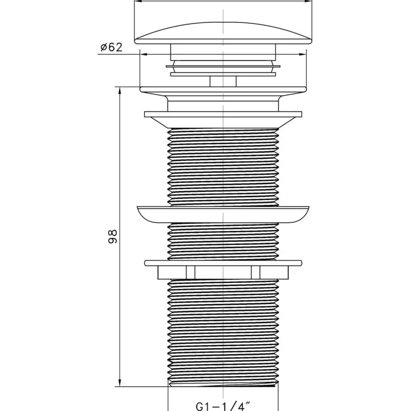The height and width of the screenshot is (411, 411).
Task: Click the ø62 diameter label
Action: click(x=112, y=48)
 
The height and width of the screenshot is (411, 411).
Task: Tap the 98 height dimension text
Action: click(x=113, y=237)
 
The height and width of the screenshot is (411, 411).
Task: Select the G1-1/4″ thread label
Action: click(x=223, y=406)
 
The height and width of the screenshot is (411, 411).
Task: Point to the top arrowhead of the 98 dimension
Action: click(x=120, y=91)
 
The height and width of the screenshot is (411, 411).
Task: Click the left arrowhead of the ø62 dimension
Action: click(x=144, y=54)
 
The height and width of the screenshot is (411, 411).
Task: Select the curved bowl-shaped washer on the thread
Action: click(x=223, y=214)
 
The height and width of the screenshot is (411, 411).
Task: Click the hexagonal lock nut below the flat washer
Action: click(x=223, y=272)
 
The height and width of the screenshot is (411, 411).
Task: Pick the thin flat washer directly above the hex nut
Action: click(x=223, y=263)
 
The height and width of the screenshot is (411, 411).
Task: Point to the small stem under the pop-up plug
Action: click(x=223, y=81)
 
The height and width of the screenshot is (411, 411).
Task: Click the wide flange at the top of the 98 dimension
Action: click(x=223, y=89)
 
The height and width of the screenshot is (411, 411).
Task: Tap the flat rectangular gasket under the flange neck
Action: click(x=223, y=114)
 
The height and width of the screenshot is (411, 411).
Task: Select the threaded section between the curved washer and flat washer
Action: click(x=223, y=241)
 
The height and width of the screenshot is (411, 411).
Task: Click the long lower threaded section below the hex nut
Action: click(x=223, y=333)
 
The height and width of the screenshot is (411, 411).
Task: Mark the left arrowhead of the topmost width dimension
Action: click(x=138, y=1)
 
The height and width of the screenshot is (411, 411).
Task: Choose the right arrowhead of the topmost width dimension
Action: click(x=308, y=1)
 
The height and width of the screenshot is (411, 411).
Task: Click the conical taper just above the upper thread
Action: click(x=223, y=122)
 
